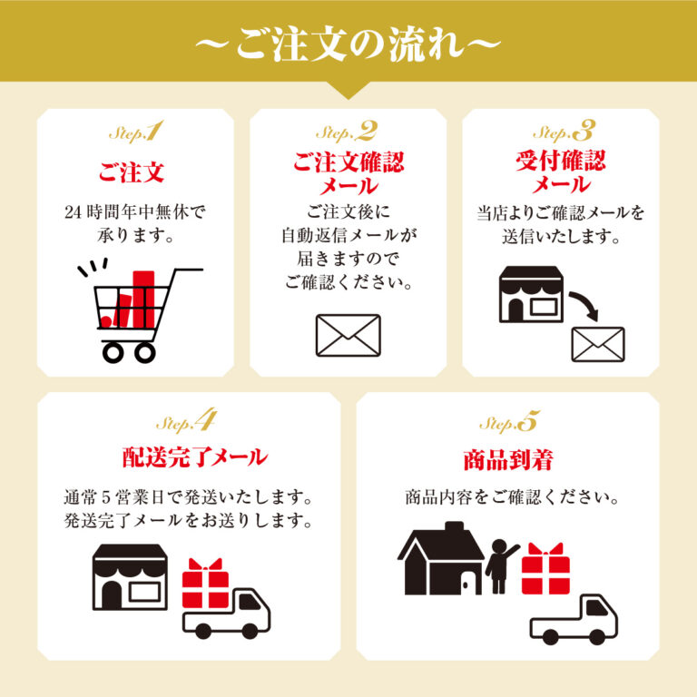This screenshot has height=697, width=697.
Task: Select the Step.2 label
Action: tap(348, 133)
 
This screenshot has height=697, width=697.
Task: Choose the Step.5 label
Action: tap(509, 422)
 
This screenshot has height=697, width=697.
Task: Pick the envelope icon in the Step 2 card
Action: tap(348, 335)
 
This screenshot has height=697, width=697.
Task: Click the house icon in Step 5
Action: tap(442, 557)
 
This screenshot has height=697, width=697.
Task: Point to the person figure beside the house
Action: tap(500, 565)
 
